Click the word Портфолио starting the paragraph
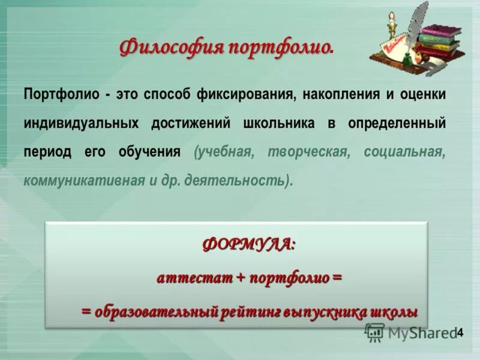point(58,94)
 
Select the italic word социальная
point(405,152)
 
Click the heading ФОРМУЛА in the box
point(248,244)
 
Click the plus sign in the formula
point(241,278)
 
